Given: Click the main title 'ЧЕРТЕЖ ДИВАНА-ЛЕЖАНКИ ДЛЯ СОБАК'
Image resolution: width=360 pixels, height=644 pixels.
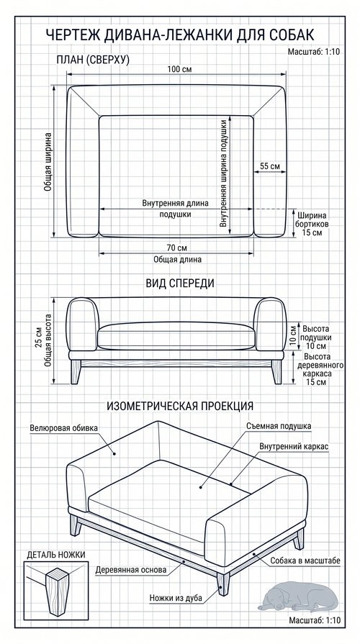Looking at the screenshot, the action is click(x=179, y=35).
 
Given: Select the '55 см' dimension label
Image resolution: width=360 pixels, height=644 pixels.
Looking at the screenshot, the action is click(x=270, y=166).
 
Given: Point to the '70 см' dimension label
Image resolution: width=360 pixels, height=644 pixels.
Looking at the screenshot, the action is click(x=177, y=248).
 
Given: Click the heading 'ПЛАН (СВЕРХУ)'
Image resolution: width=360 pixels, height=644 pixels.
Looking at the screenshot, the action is click(x=93, y=60).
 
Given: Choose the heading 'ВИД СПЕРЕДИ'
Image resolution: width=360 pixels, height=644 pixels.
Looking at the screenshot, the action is click(x=180, y=284).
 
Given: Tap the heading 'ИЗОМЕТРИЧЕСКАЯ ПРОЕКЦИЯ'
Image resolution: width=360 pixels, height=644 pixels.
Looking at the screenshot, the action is click(x=180, y=406).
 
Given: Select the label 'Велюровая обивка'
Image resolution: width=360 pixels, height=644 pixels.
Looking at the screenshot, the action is click(x=63, y=428).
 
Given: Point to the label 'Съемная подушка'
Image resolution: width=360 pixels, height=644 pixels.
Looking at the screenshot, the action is click(x=279, y=426).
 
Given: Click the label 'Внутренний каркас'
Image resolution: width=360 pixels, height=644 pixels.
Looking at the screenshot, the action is click(x=294, y=446).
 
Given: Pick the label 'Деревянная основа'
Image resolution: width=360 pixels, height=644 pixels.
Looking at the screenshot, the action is click(x=131, y=570).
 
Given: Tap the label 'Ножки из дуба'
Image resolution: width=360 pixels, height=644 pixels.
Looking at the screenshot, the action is click(x=176, y=598).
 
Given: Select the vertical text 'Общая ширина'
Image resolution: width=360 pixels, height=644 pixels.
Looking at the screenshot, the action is click(x=48, y=161).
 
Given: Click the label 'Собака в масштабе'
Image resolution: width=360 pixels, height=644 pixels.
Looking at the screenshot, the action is click(x=305, y=561).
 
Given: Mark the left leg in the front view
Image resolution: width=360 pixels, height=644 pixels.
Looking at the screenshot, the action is click(x=76, y=372).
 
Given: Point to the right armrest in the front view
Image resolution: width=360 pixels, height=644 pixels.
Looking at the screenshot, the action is click(x=270, y=325).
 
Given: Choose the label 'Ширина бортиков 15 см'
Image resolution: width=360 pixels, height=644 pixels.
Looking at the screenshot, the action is click(x=312, y=224).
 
